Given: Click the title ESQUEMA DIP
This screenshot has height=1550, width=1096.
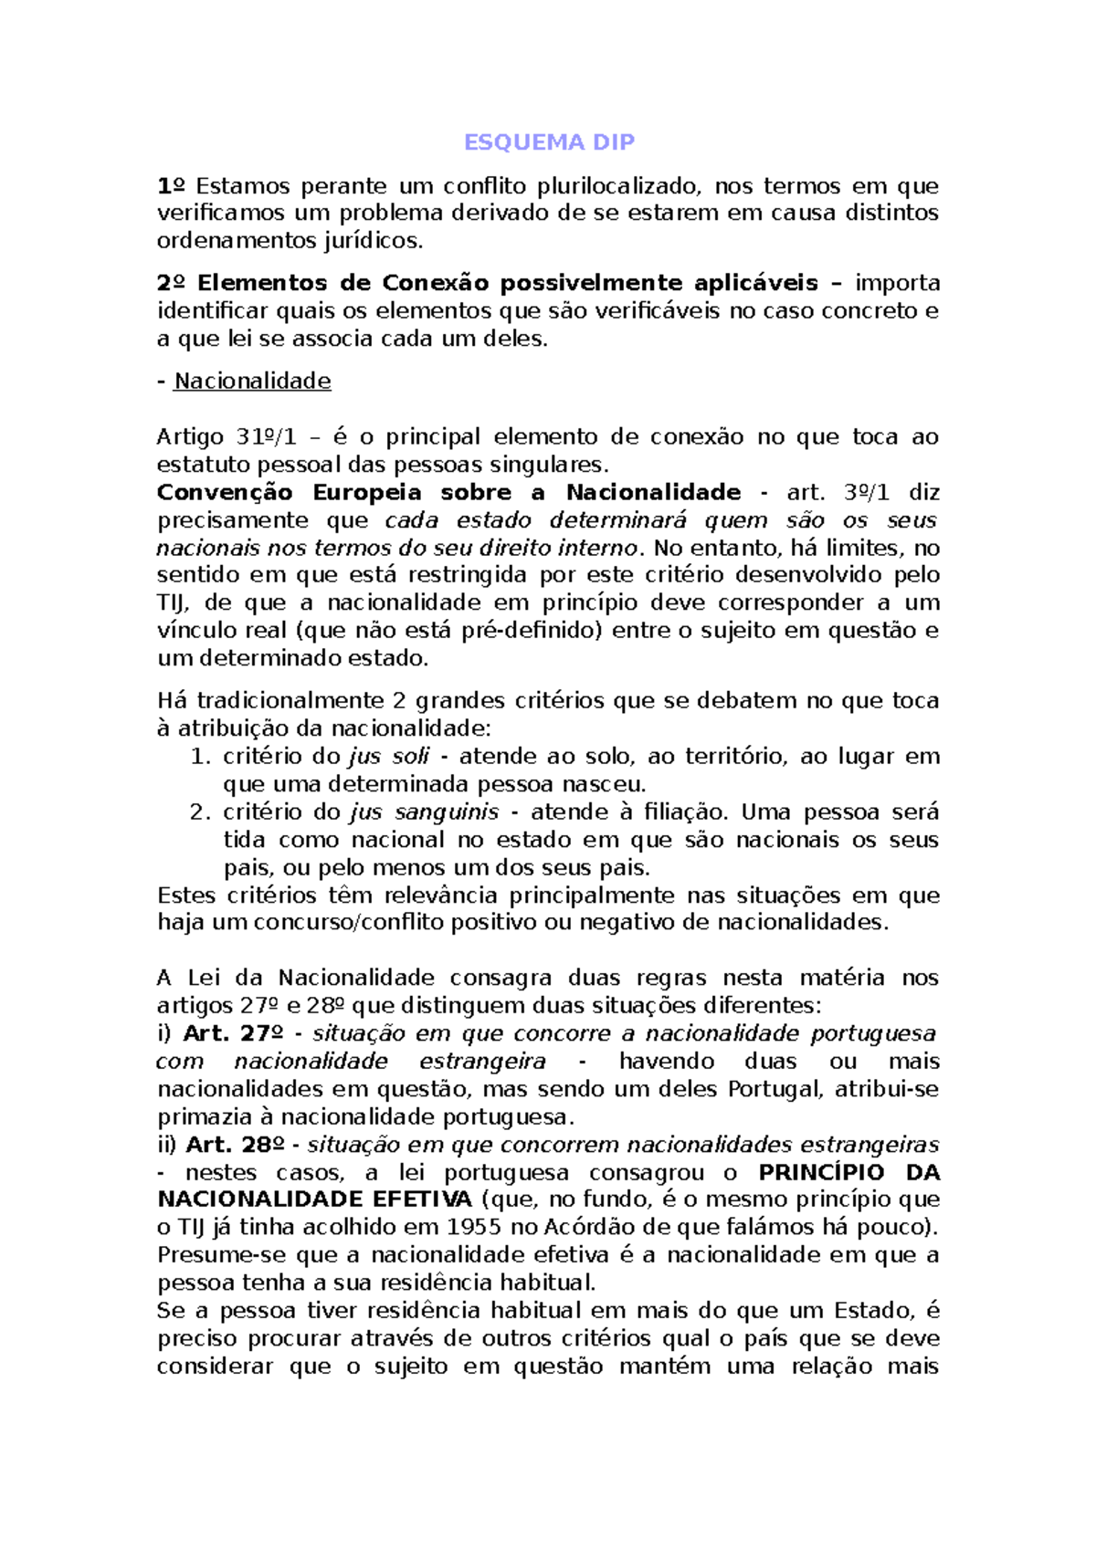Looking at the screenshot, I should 549,142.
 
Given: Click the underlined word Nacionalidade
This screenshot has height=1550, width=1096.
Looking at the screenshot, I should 252,381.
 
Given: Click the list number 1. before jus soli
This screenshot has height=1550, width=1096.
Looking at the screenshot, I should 200,757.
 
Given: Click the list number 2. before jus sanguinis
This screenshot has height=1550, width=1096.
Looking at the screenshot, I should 200,812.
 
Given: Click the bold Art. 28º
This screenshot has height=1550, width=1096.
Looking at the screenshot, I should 235,1145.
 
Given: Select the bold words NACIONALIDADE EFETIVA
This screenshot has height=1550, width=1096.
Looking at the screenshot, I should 314,1199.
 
